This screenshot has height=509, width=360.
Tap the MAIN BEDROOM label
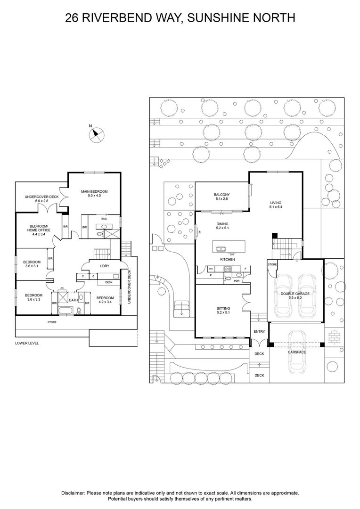click(94, 191)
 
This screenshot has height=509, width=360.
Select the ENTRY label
click(259, 332)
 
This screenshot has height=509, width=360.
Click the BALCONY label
click(221, 195)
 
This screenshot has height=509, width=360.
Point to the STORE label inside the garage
click(272, 264)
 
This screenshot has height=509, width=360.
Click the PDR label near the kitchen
click(237, 279)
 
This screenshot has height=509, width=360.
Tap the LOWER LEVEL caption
click(27, 343)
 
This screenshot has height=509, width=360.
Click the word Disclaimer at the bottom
click(73, 493)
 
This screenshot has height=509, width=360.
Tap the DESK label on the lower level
click(108, 282)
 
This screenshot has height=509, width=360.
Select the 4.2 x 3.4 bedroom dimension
click(105, 303)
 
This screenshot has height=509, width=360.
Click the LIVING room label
click(276, 203)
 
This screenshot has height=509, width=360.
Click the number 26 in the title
click(72, 18)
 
